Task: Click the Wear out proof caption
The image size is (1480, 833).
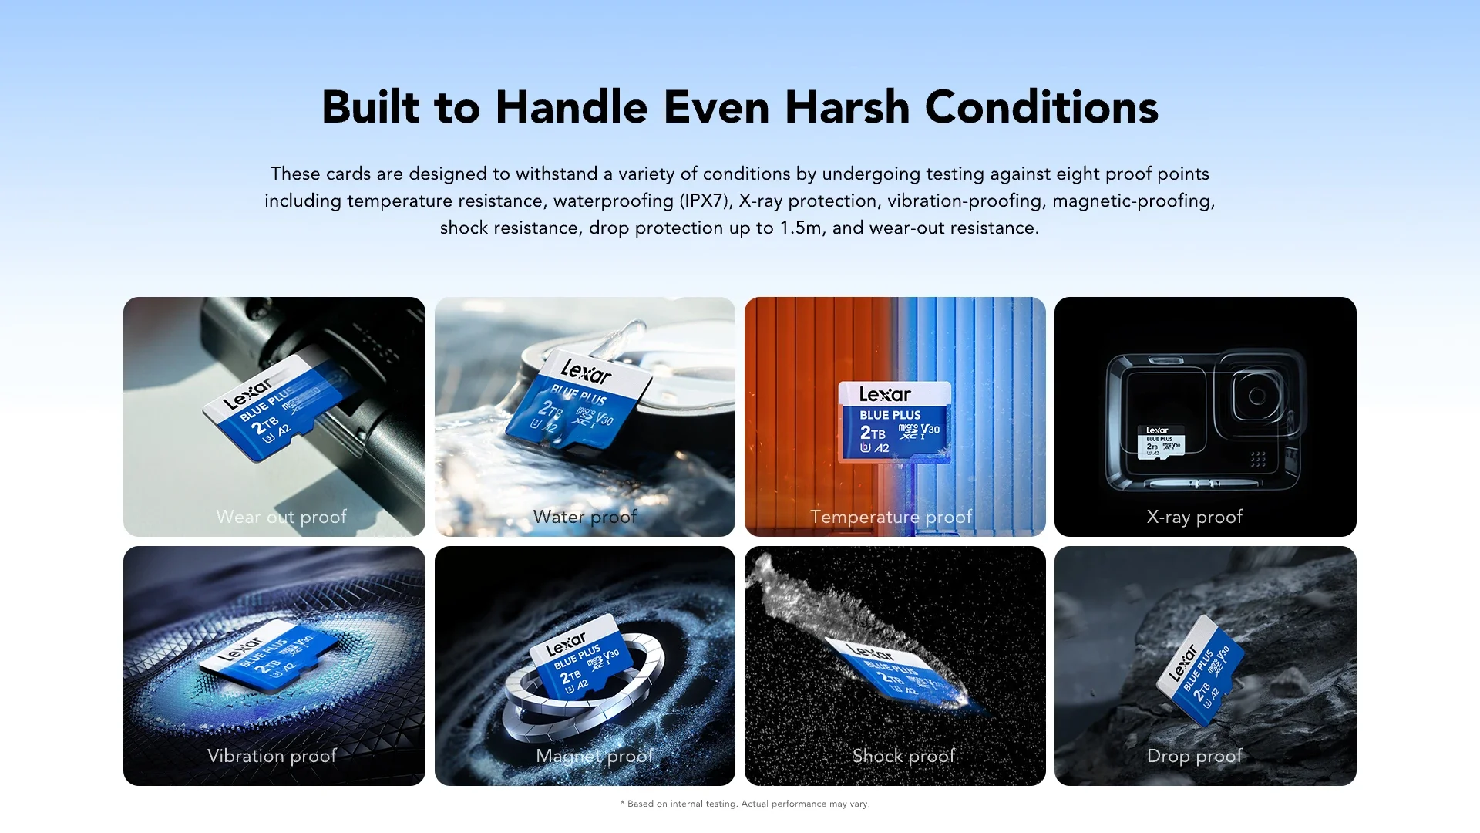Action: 281,517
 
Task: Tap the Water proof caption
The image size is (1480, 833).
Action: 585,517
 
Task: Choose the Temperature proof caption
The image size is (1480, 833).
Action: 891,517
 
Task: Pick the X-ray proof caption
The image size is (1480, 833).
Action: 1195,517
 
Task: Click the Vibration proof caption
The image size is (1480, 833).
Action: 272,756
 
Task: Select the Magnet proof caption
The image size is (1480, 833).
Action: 594,756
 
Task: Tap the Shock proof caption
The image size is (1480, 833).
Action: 903,756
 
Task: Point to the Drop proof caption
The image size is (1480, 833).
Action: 1195,756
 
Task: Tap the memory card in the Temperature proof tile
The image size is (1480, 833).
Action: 895,422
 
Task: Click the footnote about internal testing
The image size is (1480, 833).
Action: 745,804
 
